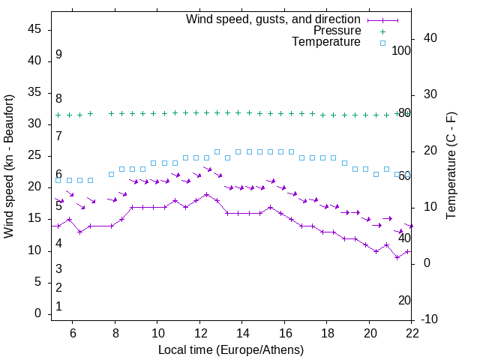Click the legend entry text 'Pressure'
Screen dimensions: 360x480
[x=337, y=31]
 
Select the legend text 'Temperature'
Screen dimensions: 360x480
[x=325, y=42]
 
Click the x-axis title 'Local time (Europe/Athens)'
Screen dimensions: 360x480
[x=231, y=350]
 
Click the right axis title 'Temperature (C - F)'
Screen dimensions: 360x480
[x=451, y=166]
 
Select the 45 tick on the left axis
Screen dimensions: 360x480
[x=34, y=29]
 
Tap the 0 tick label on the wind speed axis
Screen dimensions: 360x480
[x=37, y=313]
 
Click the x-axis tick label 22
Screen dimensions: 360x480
[x=412, y=333]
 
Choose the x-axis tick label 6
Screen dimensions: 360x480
[x=72, y=333]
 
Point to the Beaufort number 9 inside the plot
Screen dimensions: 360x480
[x=58, y=55]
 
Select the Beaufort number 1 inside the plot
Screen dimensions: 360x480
[x=58, y=307]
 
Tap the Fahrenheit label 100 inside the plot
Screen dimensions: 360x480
[x=402, y=51]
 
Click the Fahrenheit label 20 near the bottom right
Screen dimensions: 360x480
[x=404, y=301]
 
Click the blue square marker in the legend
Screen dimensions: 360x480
[x=382, y=43]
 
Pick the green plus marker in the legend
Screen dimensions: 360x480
[x=382, y=31]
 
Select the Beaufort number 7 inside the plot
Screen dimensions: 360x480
[x=58, y=136]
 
